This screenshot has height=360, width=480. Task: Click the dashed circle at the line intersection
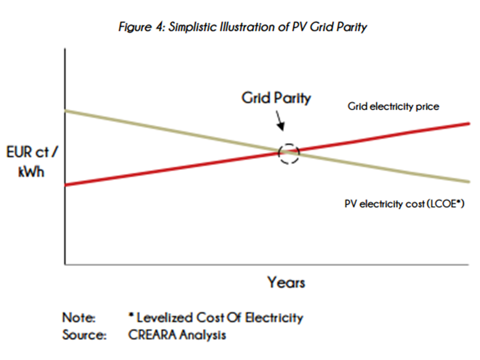(288, 152)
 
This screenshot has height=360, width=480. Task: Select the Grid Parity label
(276, 98)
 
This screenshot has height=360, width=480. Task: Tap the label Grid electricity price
(393, 106)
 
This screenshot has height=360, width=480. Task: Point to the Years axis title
(286, 282)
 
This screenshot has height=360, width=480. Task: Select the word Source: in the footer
(84, 335)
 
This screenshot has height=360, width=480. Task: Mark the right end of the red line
(468, 123)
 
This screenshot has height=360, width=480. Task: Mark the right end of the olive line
(468, 181)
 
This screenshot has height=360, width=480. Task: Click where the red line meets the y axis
(65, 185)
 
